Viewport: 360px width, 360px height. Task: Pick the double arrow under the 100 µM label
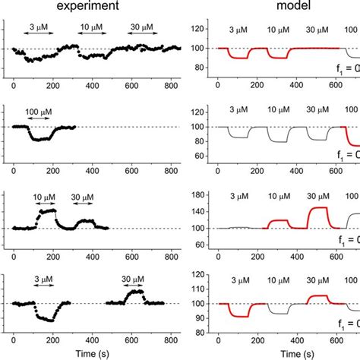tap(39, 122)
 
